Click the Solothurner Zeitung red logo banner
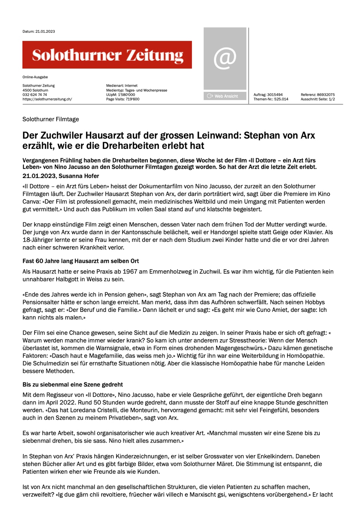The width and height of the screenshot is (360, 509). tap(107, 55)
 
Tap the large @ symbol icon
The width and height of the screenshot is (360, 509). tap(225, 58)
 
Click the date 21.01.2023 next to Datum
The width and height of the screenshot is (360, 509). tap(45, 31)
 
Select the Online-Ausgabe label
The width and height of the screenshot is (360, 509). tap(35, 77)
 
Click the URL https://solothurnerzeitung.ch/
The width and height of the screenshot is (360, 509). tap(47, 99)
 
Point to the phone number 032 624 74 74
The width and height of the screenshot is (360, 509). tap(35, 95)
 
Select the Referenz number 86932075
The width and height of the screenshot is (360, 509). tap(326, 95)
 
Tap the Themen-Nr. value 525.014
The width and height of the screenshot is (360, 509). tap(281, 99)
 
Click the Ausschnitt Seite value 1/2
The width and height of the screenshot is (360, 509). tap(331, 99)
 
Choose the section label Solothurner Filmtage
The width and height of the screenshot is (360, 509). tap(51, 119)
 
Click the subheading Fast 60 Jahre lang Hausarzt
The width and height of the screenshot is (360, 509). tap(81, 261)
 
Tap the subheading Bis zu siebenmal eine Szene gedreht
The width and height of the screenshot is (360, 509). tap(73, 385)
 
